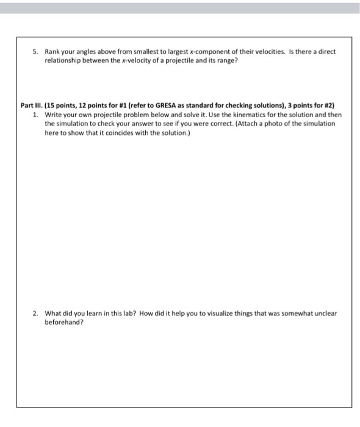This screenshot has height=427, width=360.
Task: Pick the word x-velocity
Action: (146, 61)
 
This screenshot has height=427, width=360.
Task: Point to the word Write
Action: (54, 114)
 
